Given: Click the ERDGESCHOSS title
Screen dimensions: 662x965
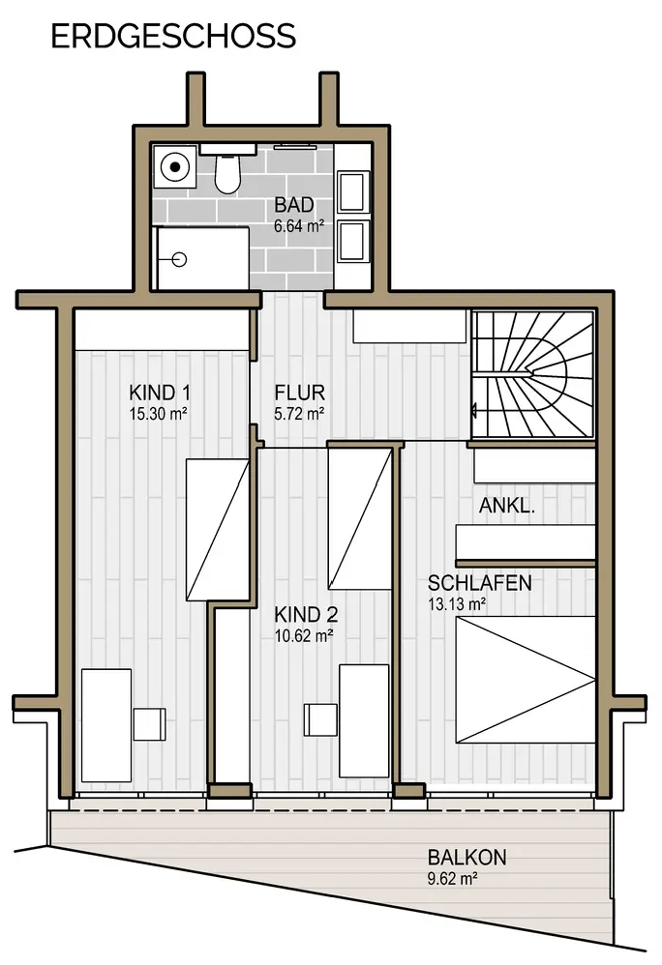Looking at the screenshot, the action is coord(173,37).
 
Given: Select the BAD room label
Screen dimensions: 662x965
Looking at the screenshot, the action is coord(294,204).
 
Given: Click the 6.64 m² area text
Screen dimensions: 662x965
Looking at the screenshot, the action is coord(299,226).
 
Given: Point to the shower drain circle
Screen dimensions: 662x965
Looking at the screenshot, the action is coord(179,260).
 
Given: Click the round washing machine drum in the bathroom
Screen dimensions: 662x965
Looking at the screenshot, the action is coord(175,166).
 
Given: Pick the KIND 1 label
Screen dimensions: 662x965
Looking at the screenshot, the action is coord(160,392).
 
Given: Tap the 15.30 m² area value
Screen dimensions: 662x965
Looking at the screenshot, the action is coord(159,414).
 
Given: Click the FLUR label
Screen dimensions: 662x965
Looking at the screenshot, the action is coord(300,392).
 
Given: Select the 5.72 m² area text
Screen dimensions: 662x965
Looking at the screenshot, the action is coord(299,414).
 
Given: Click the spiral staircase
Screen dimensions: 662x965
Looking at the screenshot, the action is coord(532,375).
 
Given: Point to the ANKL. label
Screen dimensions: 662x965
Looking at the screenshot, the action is coord(507,506).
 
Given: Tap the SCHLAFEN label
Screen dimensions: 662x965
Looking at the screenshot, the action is coord(480,583).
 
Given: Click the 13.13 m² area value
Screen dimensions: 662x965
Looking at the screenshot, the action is coord(456,604).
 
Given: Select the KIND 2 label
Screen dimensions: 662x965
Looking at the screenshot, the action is coord(306,614).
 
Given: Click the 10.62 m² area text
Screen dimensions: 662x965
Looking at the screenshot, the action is coord(304,635).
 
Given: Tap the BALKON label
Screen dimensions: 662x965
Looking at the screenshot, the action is coord(466,858).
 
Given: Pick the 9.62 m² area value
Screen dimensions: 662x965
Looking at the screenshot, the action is coord(453,879).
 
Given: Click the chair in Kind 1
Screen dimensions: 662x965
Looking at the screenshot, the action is coord(150,723).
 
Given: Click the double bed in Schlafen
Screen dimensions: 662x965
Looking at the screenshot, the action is coord(526,680).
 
